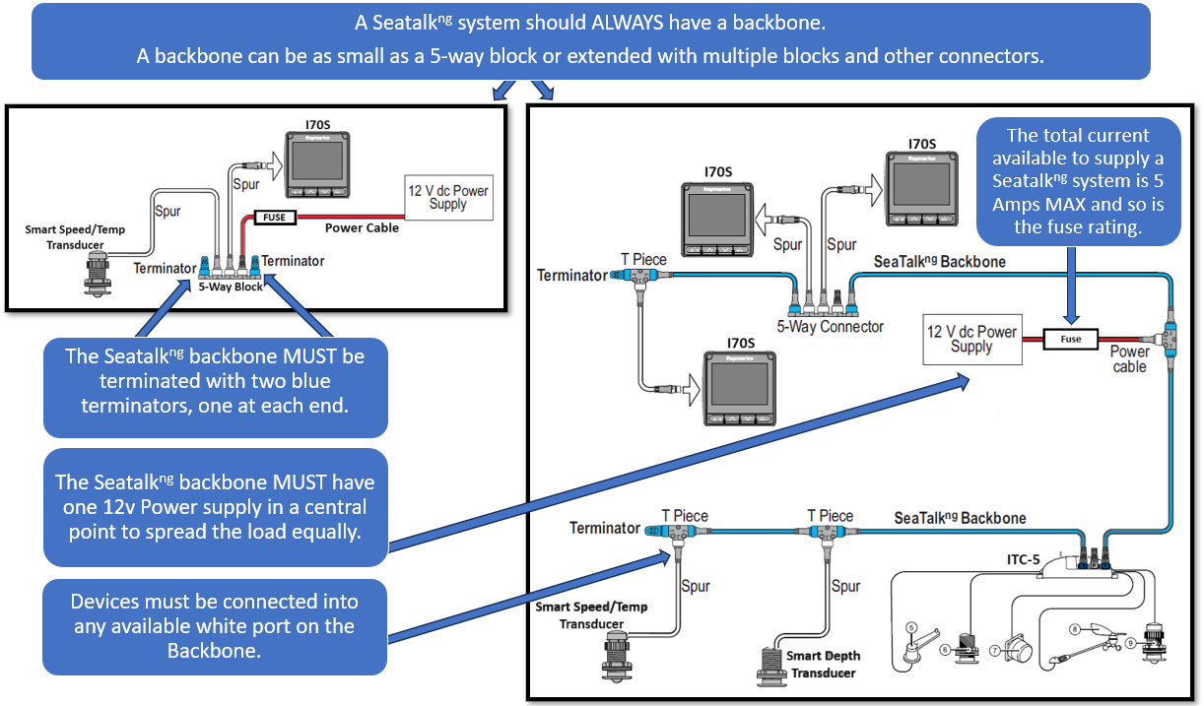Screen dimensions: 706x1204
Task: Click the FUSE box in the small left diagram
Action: pos(273,218)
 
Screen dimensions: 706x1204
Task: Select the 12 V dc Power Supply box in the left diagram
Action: pos(448,197)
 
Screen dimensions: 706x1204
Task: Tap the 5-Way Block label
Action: pos(231,287)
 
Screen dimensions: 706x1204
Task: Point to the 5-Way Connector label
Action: pos(831,326)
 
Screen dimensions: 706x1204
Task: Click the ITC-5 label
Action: pos(1023,559)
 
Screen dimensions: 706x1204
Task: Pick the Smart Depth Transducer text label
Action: pos(822,664)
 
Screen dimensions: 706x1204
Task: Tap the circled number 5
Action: pos(912,627)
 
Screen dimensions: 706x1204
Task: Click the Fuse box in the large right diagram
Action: pos(1070,339)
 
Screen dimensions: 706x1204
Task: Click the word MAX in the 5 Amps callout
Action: pos(1064,206)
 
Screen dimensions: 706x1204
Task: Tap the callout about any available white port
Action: pos(215,625)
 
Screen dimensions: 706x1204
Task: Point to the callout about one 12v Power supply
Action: pos(215,507)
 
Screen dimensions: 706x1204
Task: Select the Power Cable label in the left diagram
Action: pos(362,227)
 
